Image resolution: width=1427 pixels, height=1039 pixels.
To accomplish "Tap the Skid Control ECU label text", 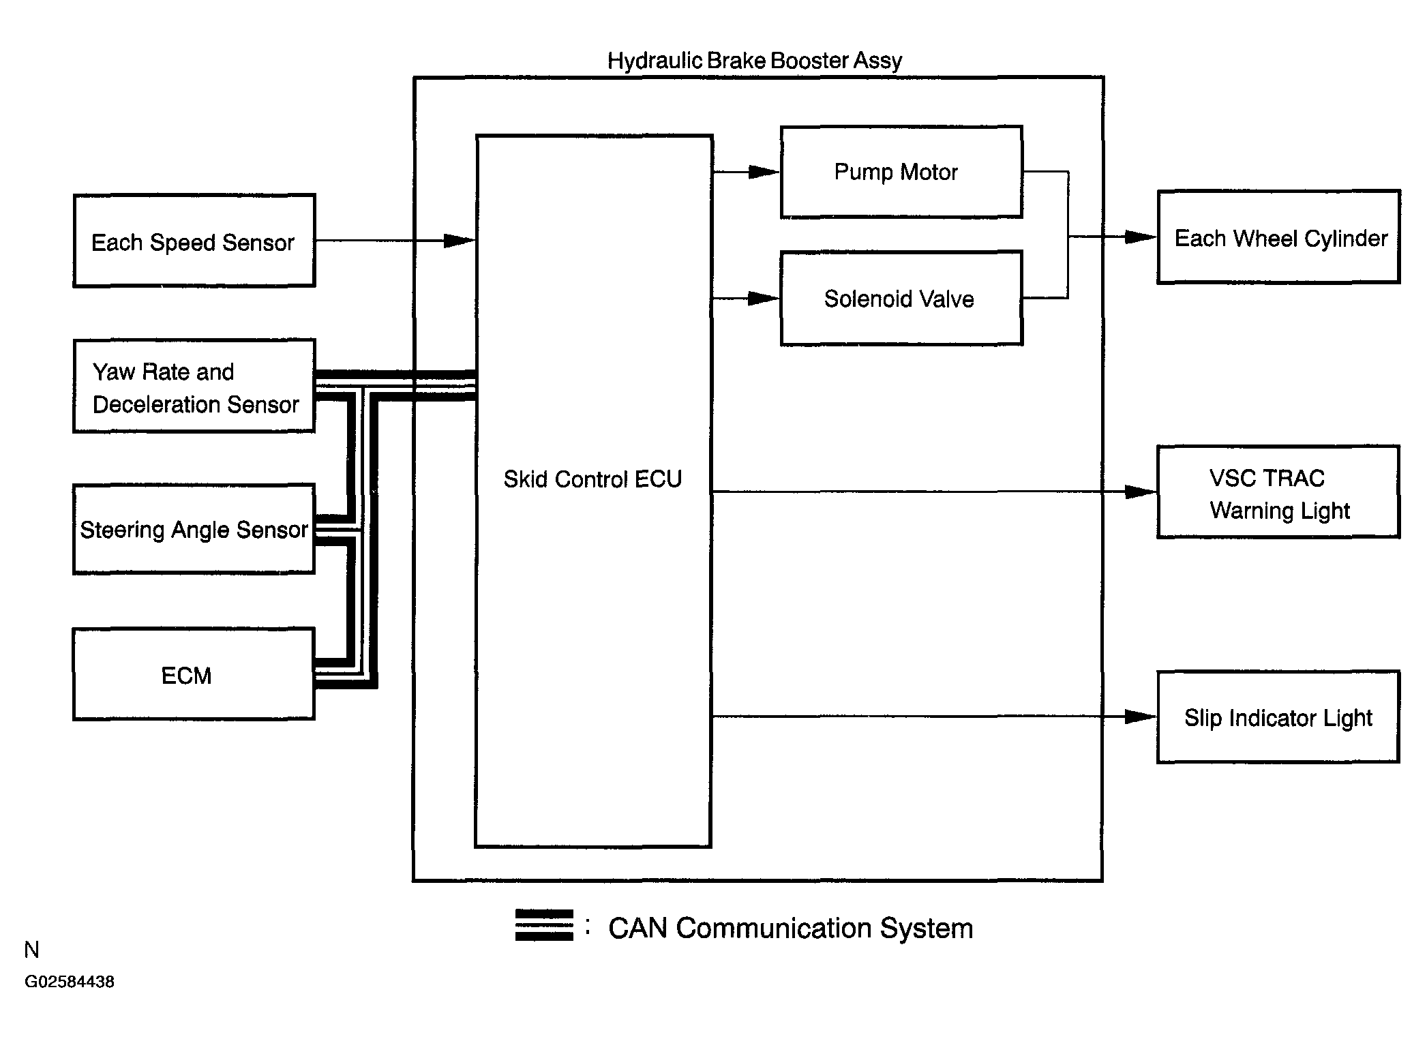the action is coord(592,479).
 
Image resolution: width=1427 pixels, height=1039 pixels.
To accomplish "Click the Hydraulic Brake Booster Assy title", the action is coord(755,61).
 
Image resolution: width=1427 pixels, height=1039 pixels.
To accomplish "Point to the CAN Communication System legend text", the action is coord(791,928).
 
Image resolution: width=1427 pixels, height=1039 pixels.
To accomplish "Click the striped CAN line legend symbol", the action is coord(544,925).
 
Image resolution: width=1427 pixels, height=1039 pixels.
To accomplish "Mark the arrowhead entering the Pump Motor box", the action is coord(764,172).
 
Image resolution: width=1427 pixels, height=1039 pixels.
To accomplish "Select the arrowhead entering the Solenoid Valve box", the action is coord(764,299).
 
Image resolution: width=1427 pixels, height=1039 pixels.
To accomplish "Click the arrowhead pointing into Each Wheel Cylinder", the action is coord(1141,237).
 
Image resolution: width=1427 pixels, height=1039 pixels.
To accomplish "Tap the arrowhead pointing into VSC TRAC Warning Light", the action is coord(1141,492).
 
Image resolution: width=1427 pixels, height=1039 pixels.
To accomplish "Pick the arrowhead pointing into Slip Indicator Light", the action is coord(1141,717).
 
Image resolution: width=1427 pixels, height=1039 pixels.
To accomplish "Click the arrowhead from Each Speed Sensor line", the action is coord(460,241).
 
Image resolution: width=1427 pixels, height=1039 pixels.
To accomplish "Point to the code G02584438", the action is coord(70,982).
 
